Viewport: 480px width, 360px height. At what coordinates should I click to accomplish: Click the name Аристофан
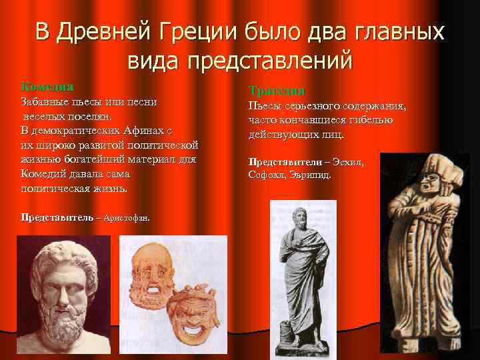pyautogui.click(x=127, y=218)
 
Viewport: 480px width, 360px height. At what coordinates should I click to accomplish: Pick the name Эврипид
pyautogui.click(x=312, y=175)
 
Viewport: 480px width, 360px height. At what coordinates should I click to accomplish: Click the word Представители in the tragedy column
pyautogui.click(x=281, y=162)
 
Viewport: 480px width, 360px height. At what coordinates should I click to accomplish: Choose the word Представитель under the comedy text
pyautogui.click(x=53, y=218)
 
